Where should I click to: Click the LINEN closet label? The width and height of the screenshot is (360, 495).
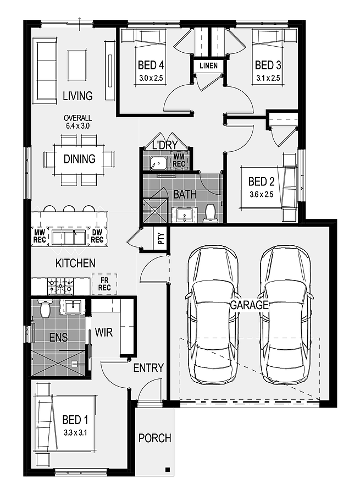point(208,65)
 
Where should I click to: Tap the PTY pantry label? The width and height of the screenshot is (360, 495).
point(161,238)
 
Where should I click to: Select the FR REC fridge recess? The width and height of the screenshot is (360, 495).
point(104,284)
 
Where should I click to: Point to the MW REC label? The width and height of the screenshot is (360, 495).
point(40,236)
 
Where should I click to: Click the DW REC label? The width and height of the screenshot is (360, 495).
point(97,236)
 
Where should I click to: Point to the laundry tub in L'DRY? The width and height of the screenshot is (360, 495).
point(157,163)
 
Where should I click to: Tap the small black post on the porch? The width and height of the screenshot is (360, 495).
point(168,470)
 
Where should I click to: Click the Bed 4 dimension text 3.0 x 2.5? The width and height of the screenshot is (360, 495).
point(151,78)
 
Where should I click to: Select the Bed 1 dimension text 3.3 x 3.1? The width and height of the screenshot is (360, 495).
point(75,432)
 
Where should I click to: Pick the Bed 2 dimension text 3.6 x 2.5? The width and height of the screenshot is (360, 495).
point(261,195)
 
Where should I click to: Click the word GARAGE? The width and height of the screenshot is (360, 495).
point(250,305)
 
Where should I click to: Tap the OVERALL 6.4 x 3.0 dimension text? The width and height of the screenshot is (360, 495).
point(77,122)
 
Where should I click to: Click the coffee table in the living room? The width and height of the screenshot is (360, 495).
point(77,66)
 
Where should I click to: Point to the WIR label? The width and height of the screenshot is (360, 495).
point(104,332)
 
